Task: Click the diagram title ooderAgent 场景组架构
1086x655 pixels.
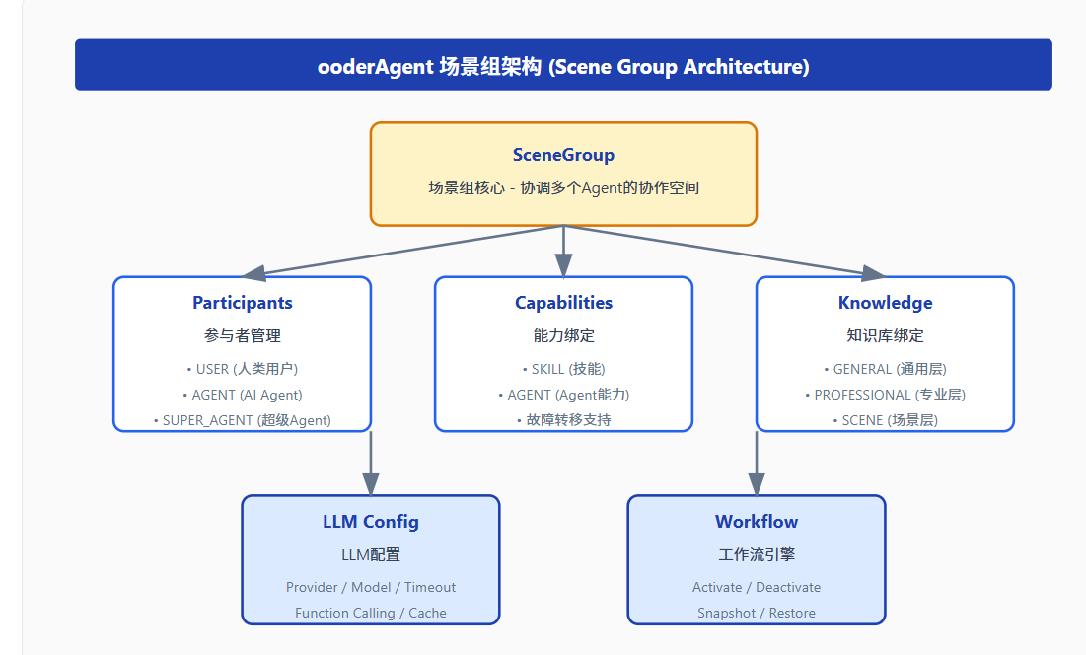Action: pyautogui.click(x=563, y=66)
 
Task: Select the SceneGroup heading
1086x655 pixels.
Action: pyautogui.click(x=563, y=155)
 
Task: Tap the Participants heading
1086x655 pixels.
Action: pyautogui.click(x=243, y=303)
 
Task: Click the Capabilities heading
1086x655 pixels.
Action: pyautogui.click(x=563, y=303)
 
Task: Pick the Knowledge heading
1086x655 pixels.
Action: pyautogui.click(x=885, y=303)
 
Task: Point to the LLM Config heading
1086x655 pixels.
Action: pyautogui.click(x=371, y=522)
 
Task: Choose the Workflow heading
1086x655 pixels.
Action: pyautogui.click(x=757, y=522)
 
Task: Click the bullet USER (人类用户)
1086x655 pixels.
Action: pyautogui.click(x=243, y=369)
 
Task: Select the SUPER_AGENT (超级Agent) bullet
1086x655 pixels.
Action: pyautogui.click(x=243, y=420)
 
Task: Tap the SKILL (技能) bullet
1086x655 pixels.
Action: pyautogui.click(x=563, y=369)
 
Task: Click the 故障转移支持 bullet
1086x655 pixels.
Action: pyautogui.click(x=563, y=420)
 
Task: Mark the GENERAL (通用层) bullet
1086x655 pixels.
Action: pyautogui.click(x=885, y=369)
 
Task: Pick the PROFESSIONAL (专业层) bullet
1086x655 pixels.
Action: pyautogui.click(x=885, y=395)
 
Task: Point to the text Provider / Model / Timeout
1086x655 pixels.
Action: pyautogui.click(x=371, y=587)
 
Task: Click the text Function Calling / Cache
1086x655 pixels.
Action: pyautogui.click(x=371, y=613)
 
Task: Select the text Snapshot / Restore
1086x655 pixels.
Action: pyautogui.click(x=757, y=613)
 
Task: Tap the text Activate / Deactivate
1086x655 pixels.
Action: pyautogui.click(x=757, y=587)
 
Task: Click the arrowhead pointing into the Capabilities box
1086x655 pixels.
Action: pyautogui.click(x=563, y=265)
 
